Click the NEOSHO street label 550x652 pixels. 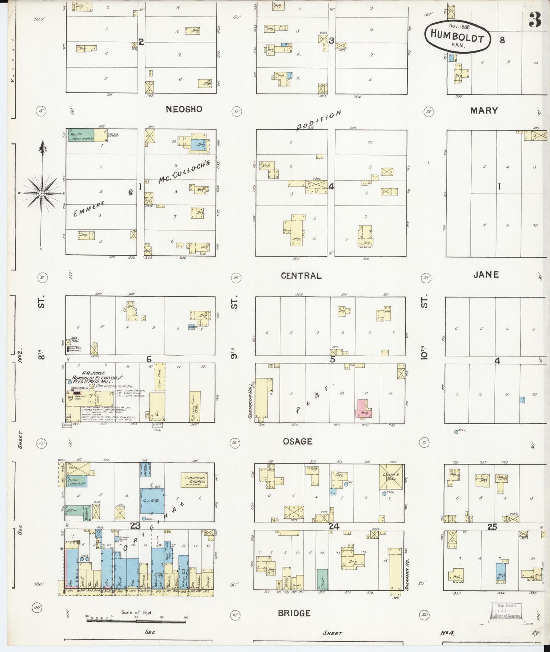(184, 110)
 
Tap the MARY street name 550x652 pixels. (484, 111)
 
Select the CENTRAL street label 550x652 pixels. (301, 276)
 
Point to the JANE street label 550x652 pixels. (486, 275)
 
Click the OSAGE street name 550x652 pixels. (298, 441)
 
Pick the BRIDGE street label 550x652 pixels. (293, 613)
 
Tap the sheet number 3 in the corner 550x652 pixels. (535, 21)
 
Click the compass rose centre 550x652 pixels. (41, 193)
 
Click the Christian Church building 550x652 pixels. (195, 480)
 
